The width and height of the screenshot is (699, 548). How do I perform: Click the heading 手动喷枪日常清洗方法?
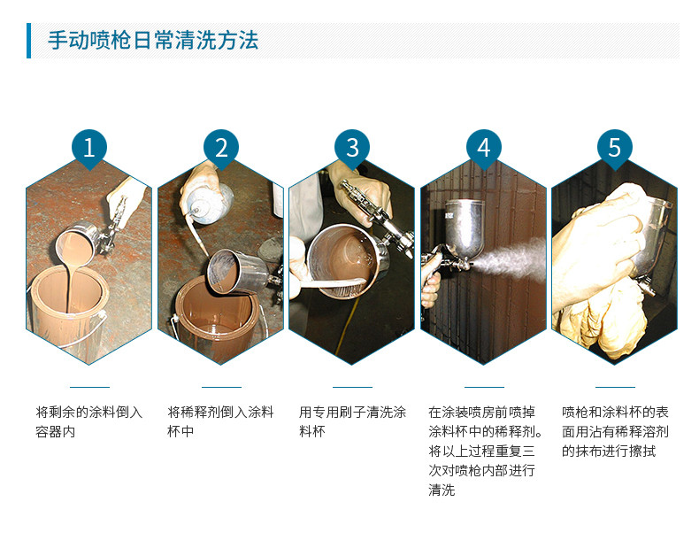tap(153, 40)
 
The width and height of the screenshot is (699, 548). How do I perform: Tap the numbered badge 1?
tap(89, 148)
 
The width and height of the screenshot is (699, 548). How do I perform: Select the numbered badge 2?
tap(221, 148)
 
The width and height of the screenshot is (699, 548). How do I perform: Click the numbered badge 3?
tap(352, 148)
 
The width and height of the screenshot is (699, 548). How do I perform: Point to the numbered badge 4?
tap(484, 148)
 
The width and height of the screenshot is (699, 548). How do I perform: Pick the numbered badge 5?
tap(615, 148)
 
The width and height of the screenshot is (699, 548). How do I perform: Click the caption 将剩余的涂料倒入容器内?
tap(89, 421)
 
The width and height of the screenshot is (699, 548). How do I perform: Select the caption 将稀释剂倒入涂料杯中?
tap(220, 421)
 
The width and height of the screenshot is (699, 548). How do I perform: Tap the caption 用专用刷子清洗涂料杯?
tap(352, 421)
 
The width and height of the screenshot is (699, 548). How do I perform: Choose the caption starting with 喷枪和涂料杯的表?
tap(615, 432)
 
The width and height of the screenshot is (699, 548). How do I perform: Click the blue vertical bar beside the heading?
tap(29, 41)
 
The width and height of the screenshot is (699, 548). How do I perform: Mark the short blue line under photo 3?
tap(352, 387)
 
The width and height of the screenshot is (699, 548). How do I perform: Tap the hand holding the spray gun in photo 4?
tap(430, 281)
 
